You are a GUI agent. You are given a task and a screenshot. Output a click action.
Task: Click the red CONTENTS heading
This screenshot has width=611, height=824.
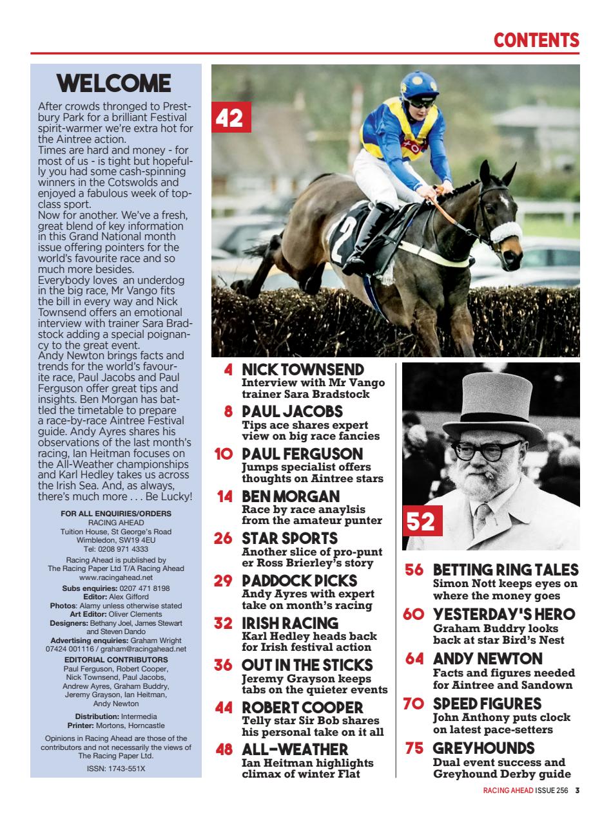(536, 40)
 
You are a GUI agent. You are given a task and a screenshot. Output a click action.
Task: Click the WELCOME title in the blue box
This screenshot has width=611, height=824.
(114, 84)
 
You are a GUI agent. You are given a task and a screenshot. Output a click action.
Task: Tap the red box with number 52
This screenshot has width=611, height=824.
(421, 520)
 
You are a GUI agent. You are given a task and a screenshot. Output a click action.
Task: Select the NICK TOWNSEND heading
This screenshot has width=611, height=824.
(302, 370)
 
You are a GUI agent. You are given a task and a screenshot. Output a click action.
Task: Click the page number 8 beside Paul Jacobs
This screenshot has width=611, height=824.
(228, 411)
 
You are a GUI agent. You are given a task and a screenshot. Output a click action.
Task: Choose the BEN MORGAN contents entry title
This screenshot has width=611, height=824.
(290, 496)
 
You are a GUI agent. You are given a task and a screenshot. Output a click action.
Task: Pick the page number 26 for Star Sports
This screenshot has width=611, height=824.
(223, 538)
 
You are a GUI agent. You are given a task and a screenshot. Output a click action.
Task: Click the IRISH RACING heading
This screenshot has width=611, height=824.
(289, 623)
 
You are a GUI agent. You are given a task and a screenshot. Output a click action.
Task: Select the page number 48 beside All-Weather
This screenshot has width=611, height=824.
(223, 750)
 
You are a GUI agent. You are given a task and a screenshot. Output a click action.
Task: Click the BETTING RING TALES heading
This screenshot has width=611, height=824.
(505, 570)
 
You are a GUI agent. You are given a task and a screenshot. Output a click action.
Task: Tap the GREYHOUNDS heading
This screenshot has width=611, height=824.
(483, 748)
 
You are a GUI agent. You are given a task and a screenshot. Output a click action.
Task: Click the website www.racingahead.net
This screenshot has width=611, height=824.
(116, 577)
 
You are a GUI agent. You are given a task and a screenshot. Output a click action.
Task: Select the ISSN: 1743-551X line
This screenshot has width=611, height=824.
(116, 768)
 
